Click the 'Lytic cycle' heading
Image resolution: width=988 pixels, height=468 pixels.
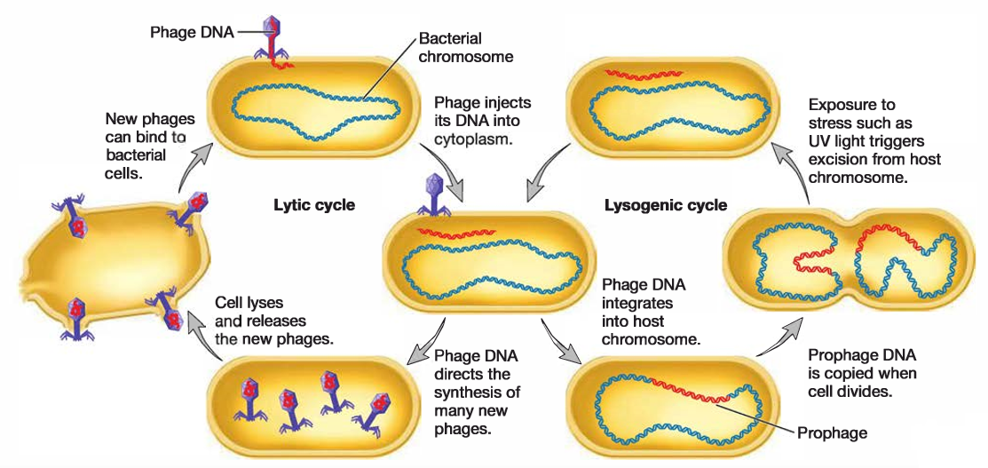[313, 206]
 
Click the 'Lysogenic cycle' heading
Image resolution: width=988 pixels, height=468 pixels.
[665, 206]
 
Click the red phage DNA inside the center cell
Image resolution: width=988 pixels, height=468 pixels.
[458, 234]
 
